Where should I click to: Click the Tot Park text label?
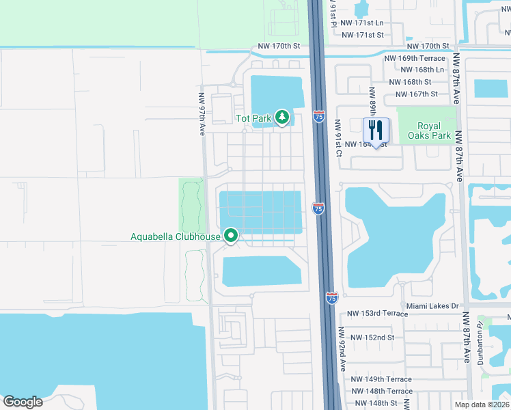(254, 118)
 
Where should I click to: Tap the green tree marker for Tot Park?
(282, 118)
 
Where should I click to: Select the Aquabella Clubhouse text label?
(176, 237)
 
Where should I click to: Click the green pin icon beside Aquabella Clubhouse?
(231, 236)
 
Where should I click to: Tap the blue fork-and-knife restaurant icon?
(376, 131)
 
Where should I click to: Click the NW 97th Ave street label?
(203, 114)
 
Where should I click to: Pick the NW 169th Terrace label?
(413, 59)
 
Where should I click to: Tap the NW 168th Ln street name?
(422, 70)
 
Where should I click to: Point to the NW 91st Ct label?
(337, 139)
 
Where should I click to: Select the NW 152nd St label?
(372, 338)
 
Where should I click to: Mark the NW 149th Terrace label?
(381, 379)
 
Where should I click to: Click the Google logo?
(23, 402)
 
